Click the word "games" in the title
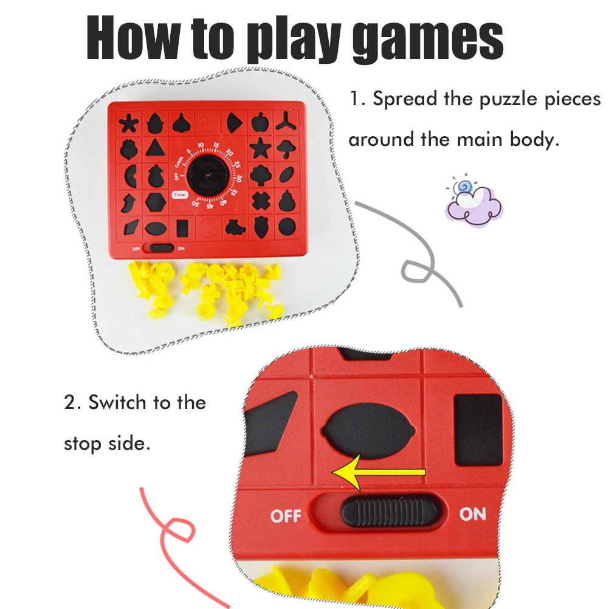coord(428,40)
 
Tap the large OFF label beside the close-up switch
coord(286,516)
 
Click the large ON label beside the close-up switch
coord(473,514)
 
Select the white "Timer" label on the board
coord(181,194)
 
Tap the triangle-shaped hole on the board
coord(156,148)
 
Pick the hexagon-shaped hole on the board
coord(156,202)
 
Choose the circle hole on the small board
coord(287,227)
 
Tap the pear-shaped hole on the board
coord(287,201)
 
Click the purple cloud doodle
coord(475,204)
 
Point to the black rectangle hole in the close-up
coord(478,430)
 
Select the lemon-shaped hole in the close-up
coord(368,431)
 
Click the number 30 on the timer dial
coord(239,178)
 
